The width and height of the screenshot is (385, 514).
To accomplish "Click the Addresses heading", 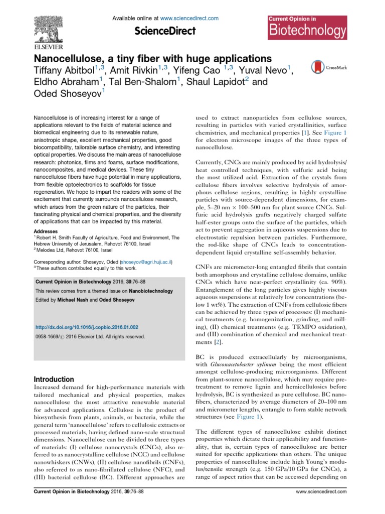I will [x=46, y=217].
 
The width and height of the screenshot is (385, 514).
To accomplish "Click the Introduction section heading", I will [x=53, y=379].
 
